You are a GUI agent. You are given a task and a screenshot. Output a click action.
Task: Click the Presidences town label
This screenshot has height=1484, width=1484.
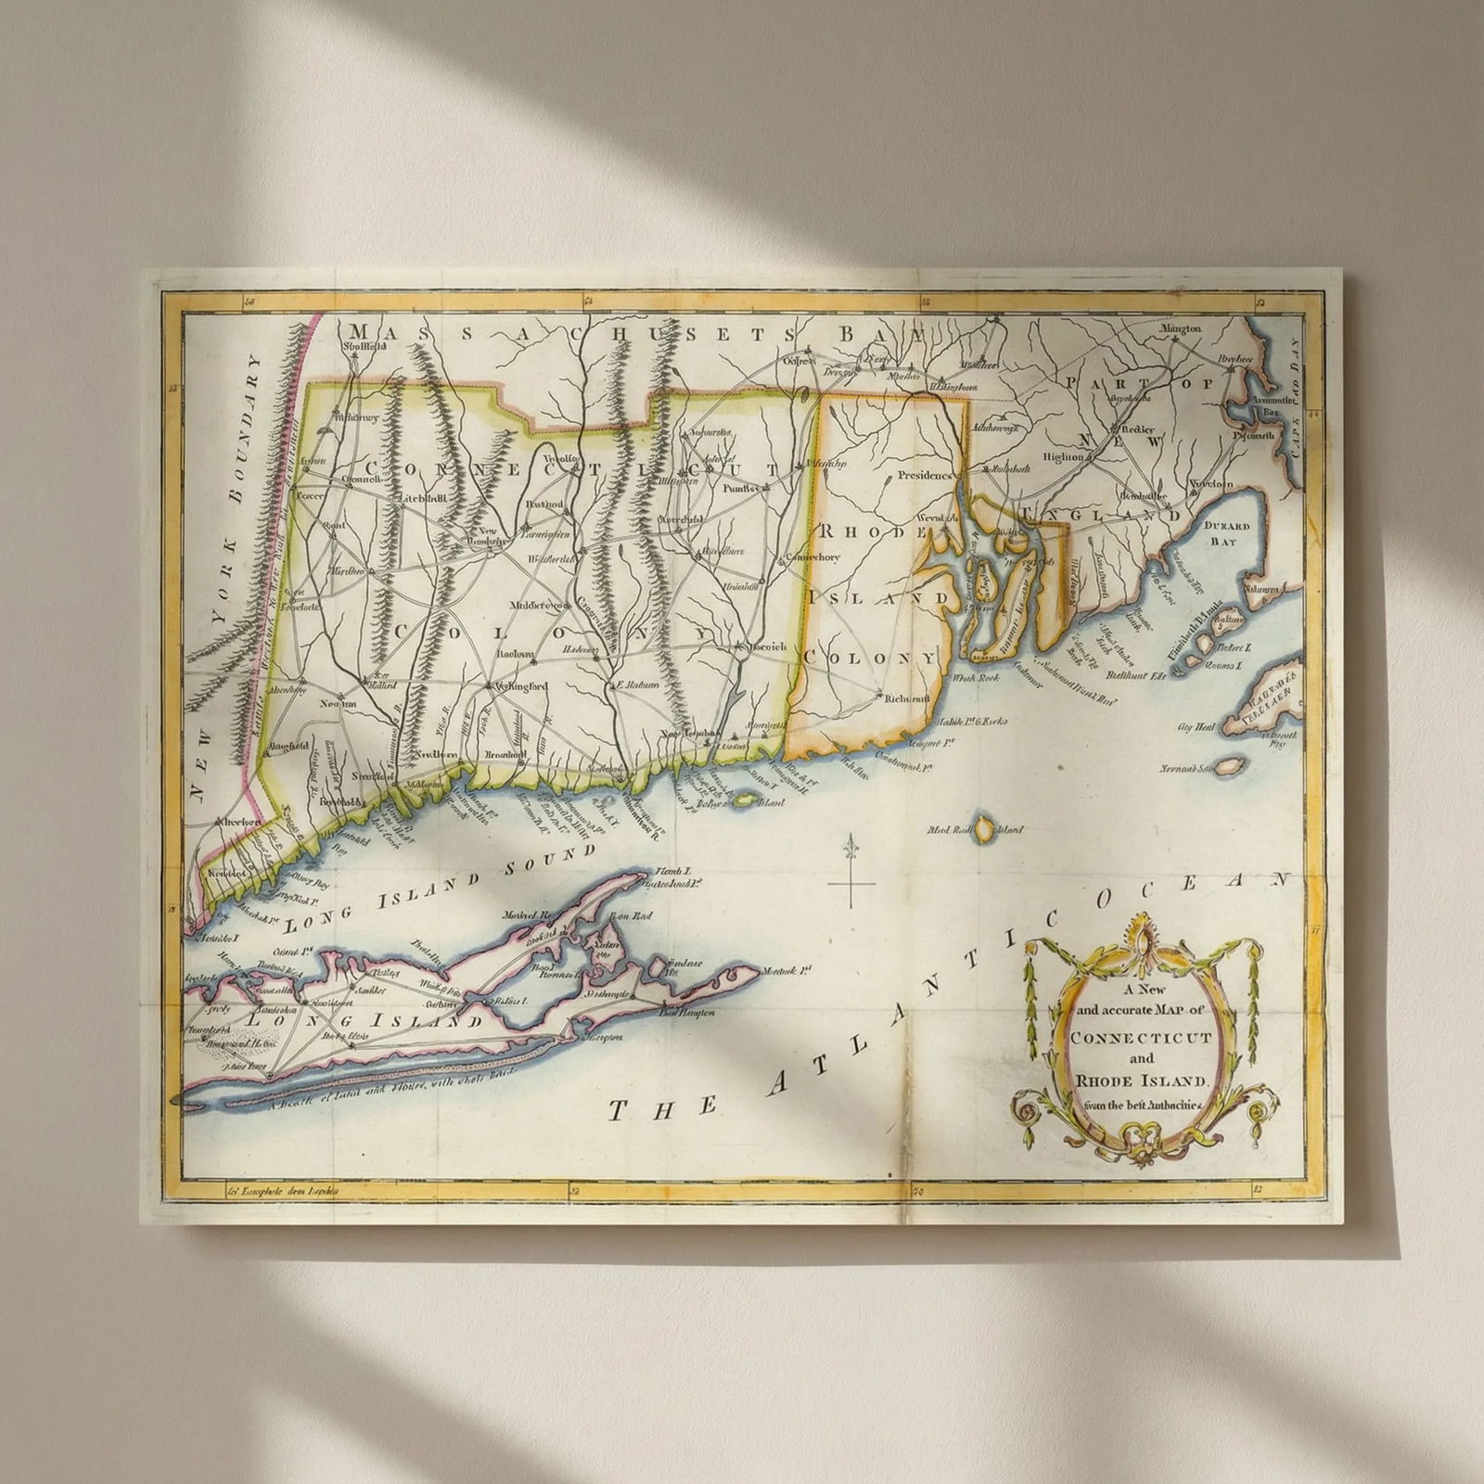926,475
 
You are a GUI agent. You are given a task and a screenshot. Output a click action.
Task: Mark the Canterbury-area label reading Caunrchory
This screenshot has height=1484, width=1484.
812,557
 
